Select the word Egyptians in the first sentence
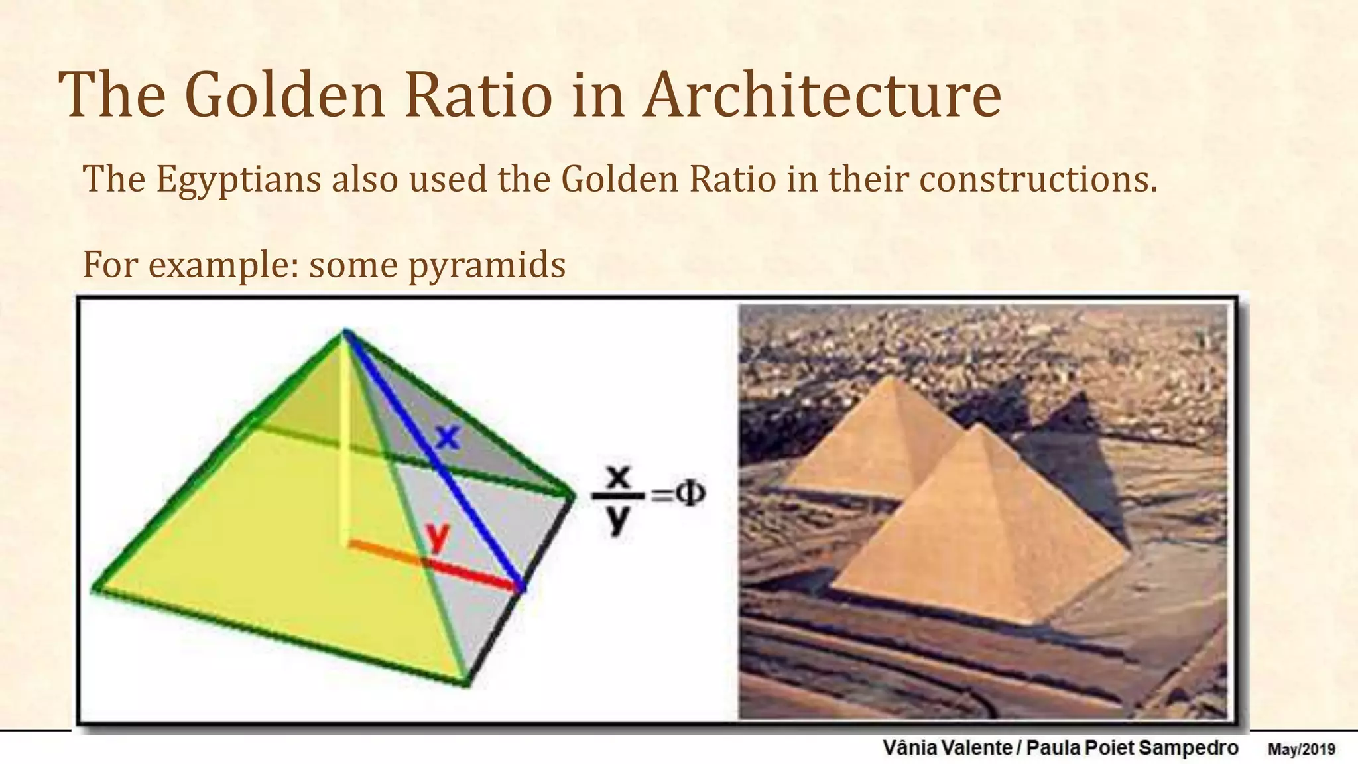pos(239,180)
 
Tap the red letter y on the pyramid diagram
pos(438,536)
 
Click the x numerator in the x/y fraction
pos(618,477)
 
